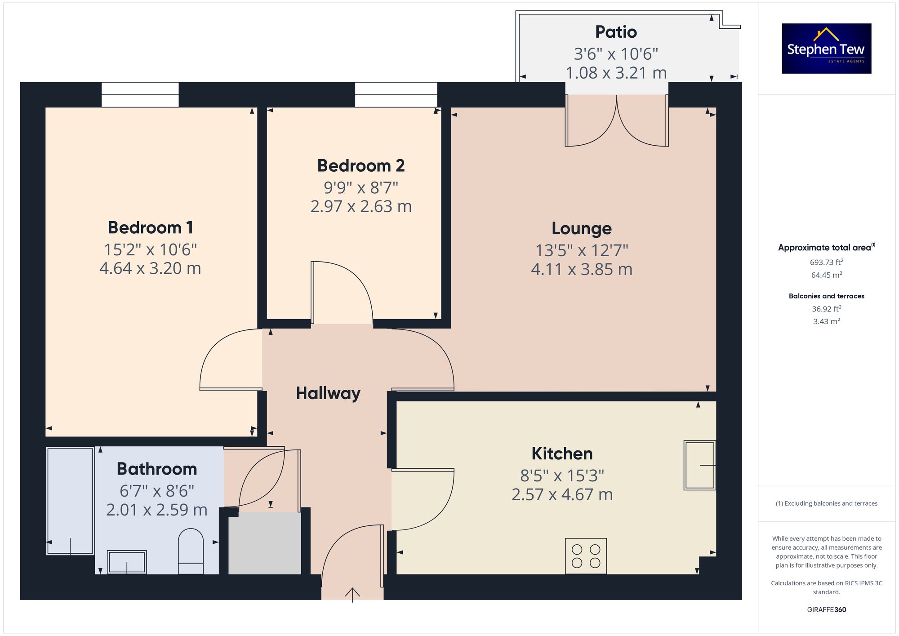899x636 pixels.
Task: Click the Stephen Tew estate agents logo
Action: click(x=827, y=49)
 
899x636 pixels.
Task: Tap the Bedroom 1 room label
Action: click(x=151, y=227)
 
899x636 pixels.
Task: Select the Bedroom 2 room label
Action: click(x=361, y=166)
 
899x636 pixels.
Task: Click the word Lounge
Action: click(x=582, y=229)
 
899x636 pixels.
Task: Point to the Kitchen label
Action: click(x=562, y=454)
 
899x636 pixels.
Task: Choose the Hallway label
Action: click(x=328, y=394)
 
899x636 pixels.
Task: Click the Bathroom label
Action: click(x=157, y=469)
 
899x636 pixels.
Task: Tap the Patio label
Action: click(x=616, y=32)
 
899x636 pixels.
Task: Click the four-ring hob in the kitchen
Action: click(x=586, y=556)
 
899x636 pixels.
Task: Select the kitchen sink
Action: click(x=699, y=465)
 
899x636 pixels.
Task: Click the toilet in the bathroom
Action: click(x=191, y=551)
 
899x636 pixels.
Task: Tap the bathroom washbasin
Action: click(x=127, y=562)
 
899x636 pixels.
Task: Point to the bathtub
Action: click(x=70, y=501)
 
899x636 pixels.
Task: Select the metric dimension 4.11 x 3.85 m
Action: click(x=582, y=269)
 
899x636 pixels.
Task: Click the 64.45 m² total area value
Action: click(x=827, y=275)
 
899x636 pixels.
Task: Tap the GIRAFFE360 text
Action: click(x=827, y=610)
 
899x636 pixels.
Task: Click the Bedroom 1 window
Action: click(x=140, y=95)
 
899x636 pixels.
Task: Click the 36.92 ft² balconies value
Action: click(x=827, y=309)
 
